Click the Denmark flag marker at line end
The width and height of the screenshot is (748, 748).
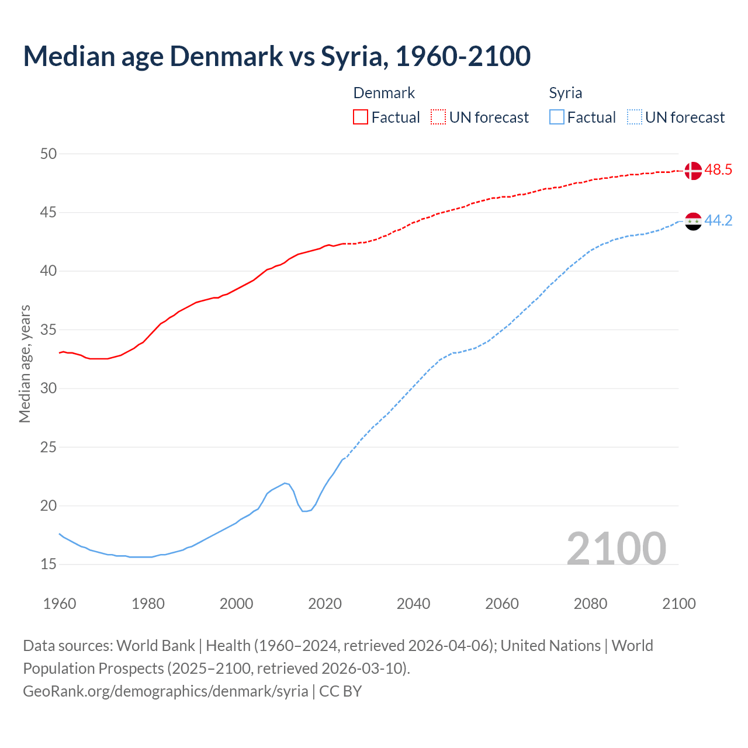pos(692,171)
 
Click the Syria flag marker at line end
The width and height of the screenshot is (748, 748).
pos(692,221)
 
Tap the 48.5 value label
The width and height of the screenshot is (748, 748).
pos(718,170)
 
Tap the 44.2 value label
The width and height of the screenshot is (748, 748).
pos(718,221)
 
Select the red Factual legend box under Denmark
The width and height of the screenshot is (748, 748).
pos(361,117)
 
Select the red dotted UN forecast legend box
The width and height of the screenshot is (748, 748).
pos(438,117)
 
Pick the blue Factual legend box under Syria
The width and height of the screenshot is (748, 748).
pos(557,117)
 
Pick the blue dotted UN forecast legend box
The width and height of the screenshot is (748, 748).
pos(634,117)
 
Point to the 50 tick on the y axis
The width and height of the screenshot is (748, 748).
pos(49,154)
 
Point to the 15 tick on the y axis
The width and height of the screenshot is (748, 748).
pos(49,565)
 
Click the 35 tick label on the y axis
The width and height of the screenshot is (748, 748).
pos(49,330)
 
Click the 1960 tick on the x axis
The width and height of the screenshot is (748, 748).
pos(60,604)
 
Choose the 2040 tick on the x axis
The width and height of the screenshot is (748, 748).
pos(413,604)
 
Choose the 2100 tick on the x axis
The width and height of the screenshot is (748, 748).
pos(678,604)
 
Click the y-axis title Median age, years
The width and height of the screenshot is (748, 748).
pos(25,363)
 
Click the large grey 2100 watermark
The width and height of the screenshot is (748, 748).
pos(616,548)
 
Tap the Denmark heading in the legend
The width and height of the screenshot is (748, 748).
pos(384,93)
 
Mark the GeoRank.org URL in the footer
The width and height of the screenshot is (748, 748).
pos(165,691)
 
